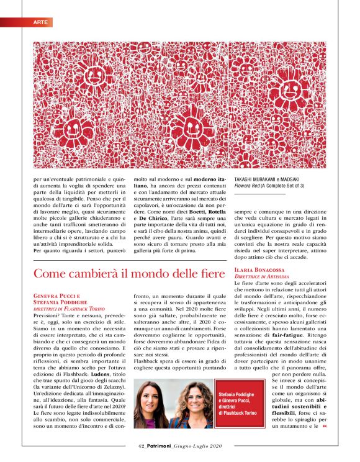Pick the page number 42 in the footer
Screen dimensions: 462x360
142,445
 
